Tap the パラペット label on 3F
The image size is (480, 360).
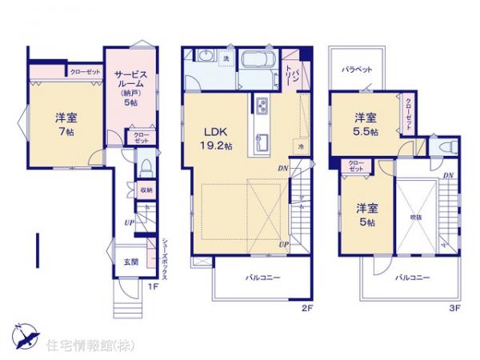tap(358, 70)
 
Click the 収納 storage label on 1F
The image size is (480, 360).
tap(146, 190)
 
